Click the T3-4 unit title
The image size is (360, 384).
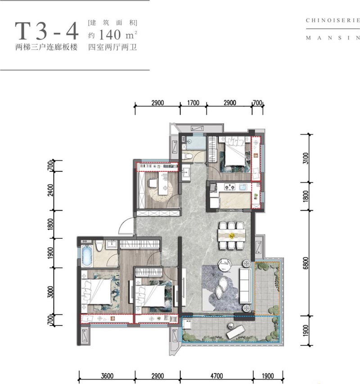point(47,31)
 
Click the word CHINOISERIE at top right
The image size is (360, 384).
point(333,20)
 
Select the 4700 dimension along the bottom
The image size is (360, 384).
point(216,375)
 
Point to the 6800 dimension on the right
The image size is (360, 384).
point(306,263)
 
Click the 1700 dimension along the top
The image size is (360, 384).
point(193,103)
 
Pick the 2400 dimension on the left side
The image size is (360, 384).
point(50,190)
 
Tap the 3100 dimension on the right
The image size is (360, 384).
point(306,158)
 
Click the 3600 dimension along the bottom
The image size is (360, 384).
point(107,375)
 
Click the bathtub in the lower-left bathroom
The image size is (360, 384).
point(87,256)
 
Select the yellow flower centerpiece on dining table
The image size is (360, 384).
point(232,236)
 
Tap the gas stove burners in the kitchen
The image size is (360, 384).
point(230,188)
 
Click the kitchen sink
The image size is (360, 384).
point(243,187)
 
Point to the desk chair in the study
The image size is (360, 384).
point(152,183)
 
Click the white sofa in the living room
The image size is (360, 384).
point(245,286)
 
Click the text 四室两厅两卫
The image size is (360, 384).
point(112,47)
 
